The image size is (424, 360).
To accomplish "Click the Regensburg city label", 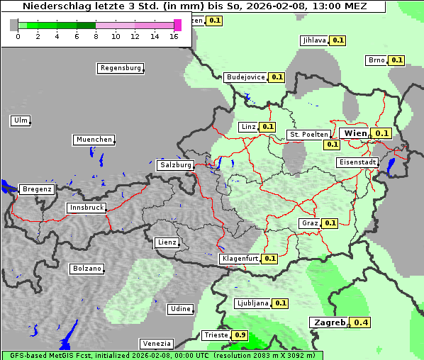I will point(120,68).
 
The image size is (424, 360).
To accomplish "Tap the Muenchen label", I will point(94,140).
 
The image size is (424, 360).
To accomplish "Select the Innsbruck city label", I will point(87,208).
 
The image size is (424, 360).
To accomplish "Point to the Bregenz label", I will point(37,189).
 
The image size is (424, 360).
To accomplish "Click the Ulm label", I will point(21,120).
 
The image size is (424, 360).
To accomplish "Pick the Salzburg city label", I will point(175,165).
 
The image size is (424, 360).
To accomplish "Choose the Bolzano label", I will point(87,269).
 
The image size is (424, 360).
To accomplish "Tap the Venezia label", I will point(155,343).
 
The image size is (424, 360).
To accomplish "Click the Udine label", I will point(180,308).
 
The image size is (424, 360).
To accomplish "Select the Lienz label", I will point(166,242).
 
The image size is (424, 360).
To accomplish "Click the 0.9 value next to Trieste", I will point(240,335).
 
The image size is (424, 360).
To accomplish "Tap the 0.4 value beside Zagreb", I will point(362,322).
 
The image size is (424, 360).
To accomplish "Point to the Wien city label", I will point(355,133).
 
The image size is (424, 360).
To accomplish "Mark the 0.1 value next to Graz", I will point(330,223).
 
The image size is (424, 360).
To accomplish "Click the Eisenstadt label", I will point(357,162).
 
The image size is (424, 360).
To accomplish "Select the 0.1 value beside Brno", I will point(396,60).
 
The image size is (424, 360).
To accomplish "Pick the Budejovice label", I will point(245,77).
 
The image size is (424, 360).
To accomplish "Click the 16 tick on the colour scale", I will point(174,36).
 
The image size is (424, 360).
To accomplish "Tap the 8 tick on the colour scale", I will point(96,36).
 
